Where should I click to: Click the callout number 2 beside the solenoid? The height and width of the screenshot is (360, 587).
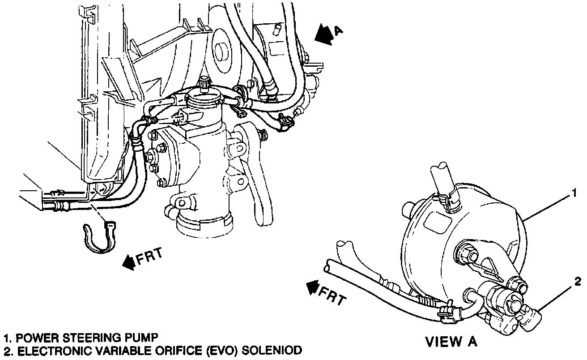(578, 282)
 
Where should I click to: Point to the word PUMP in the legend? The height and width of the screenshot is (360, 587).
(145, 337)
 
